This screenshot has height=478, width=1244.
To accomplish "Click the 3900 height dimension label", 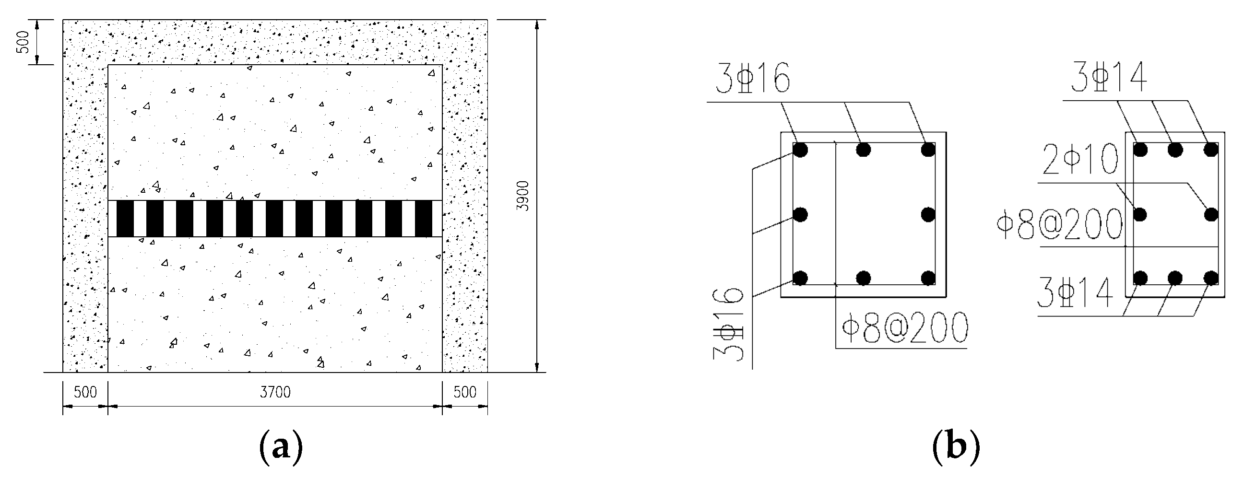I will [x=523, y=196].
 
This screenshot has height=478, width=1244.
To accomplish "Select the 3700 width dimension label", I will [x=275, y=392].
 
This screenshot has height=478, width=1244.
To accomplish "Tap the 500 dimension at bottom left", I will [x=85, y=392].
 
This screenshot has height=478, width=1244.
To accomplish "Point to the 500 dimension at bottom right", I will [x=464, y=392].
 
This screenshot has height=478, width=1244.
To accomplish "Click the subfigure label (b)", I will [x=956, y=447].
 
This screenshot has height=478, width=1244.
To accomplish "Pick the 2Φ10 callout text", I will [x=1080, y=159].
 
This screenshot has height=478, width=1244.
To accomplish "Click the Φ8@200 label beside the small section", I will [x=1059, y=224].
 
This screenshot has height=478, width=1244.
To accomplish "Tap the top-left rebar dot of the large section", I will [x=800, y=150].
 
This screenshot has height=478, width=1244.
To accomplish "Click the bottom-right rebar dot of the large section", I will [x=928, y=278].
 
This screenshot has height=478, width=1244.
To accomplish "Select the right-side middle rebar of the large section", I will [x=928, y=214].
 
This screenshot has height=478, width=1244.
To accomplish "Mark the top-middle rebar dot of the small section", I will [x=1175, y=150].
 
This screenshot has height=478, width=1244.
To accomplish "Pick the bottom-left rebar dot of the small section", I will [x=1140, y=278].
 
